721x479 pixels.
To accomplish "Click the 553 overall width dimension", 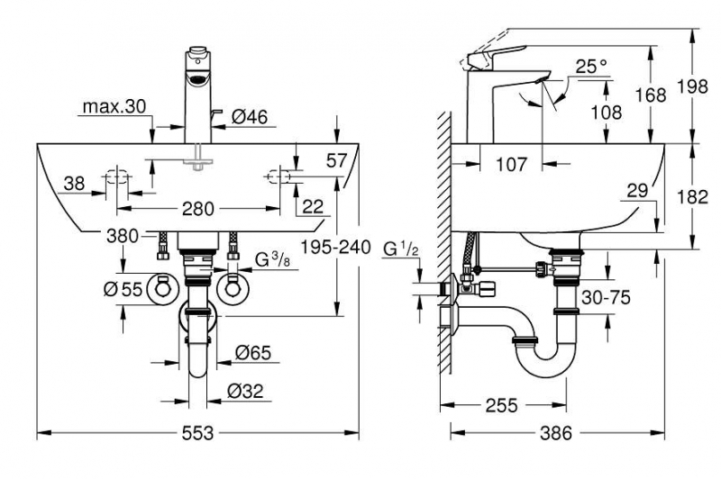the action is click(197, 432).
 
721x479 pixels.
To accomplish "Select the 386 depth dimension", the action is click(556, 432).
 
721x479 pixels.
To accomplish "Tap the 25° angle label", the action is click(592, 67).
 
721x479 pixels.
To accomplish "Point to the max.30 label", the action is click(114, 106).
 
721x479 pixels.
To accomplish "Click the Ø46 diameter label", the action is click(250, 117).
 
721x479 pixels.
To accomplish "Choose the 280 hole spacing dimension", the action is click(198, 209).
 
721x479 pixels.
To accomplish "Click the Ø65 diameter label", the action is click(253, 353).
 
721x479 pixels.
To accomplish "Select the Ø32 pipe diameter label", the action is click(245, 391).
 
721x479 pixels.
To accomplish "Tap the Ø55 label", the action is click(123, 289).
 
